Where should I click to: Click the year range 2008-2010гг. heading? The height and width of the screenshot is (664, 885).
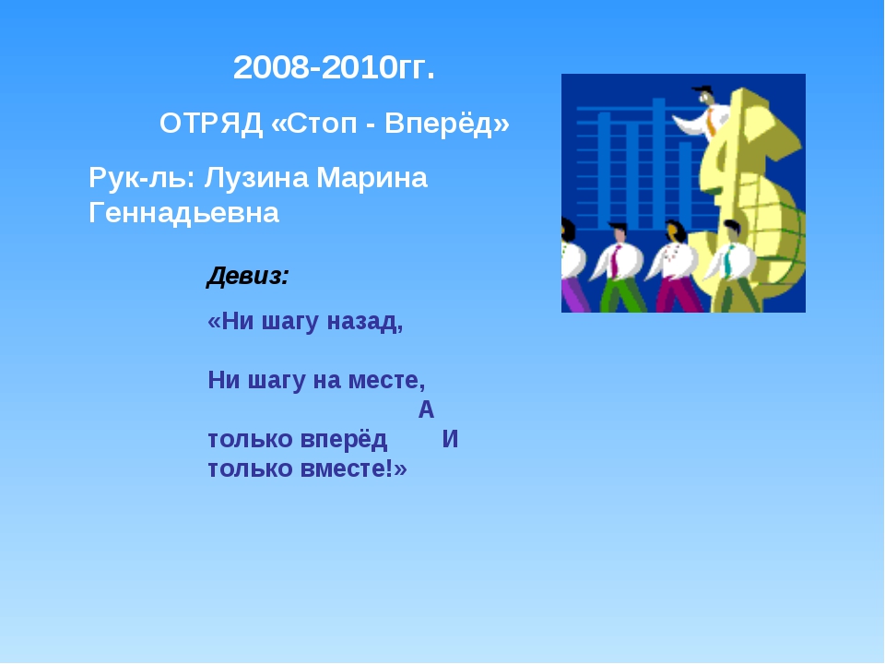[334, 67]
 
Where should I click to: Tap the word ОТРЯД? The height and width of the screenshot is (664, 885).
[211, 123]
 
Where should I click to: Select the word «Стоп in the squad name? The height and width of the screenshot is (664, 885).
[314, 124]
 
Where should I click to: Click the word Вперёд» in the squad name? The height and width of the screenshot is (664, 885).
[447, 123]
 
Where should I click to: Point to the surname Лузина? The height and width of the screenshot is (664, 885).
[257, 178]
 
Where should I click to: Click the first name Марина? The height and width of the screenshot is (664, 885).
[372, 178]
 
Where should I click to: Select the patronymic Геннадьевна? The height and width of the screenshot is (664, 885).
[184, 213]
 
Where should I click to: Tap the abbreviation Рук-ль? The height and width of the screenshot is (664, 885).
[142, 178]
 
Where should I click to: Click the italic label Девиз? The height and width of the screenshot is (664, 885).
[248, 276]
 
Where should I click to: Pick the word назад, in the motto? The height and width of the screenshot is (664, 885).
[365, 321]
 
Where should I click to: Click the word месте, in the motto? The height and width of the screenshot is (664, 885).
[386, 380]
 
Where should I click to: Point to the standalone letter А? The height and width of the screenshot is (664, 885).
[426, 409]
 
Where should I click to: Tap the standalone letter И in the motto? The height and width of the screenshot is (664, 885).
[450, 439]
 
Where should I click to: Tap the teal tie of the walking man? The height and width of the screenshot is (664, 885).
[728, 261]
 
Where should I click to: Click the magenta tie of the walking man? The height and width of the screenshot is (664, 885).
[615, 261]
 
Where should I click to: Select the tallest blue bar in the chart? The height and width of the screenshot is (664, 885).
[658, 164]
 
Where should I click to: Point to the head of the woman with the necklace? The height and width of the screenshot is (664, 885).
[673, 231]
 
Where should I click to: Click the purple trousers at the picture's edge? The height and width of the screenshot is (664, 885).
[574, 295]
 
